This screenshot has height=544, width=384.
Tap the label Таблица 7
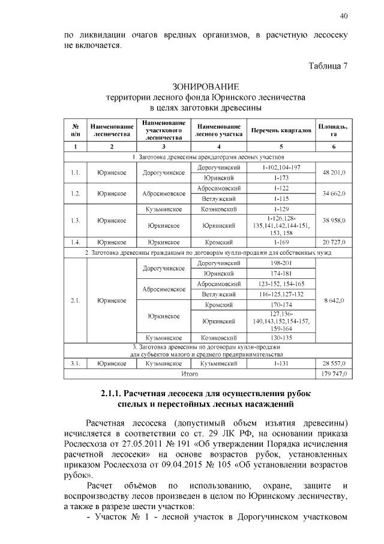pos(328,66)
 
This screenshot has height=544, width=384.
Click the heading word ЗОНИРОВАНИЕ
pos(206,87)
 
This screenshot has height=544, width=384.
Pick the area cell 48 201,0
pos(334,173)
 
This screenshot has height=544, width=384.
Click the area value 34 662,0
pos(334,194)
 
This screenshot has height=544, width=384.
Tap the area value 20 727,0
pos(334,242)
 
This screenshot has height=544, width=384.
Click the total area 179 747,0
pos(334,374)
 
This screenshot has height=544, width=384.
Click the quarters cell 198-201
pos(281,263)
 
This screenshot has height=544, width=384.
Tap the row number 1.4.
pos(76,242)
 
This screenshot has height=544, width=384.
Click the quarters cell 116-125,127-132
pos(281,295)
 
